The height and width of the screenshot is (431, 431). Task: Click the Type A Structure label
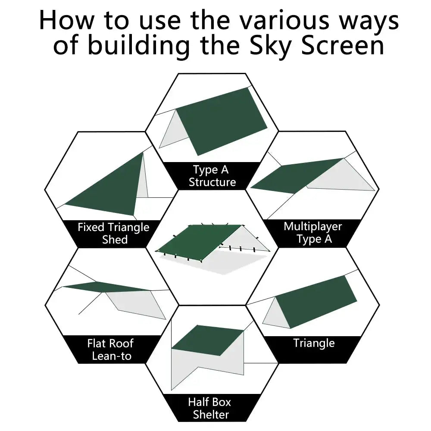pos(212,176)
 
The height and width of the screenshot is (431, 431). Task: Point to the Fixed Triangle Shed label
pos(113,233)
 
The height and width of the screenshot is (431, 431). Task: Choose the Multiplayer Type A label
pos(313,233)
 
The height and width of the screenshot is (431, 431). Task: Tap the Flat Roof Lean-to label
pos(110,350)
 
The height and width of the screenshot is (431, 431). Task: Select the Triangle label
pos(314,343)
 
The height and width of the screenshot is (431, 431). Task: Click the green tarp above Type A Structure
pos(222,121)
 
